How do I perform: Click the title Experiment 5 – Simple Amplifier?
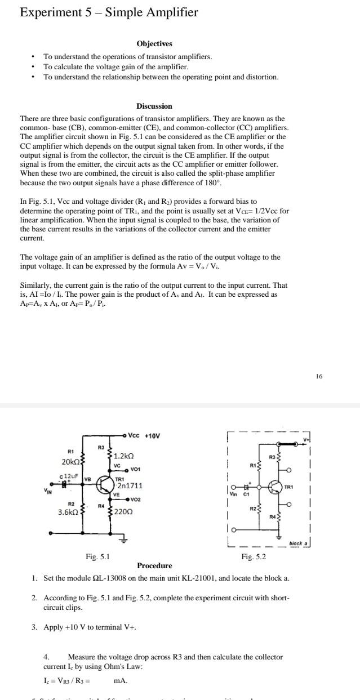click(109, 12)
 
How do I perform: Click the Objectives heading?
click(154, 43)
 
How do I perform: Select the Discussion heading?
click(154, 106)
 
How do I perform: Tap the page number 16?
click(319, 376)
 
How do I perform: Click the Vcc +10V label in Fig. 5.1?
click(144, 435)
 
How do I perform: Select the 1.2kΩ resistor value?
click(124, 456)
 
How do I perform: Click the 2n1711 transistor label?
click(129, 485)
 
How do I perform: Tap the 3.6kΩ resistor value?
click(70, 512)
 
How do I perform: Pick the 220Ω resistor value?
click(123, 512)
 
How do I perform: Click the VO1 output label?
click(135, 470)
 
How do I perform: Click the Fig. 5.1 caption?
click(97, 556)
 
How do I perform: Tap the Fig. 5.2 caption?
click(253, 556)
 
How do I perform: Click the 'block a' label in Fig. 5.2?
click(297, 543)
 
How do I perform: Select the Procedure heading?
click(154, 565)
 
